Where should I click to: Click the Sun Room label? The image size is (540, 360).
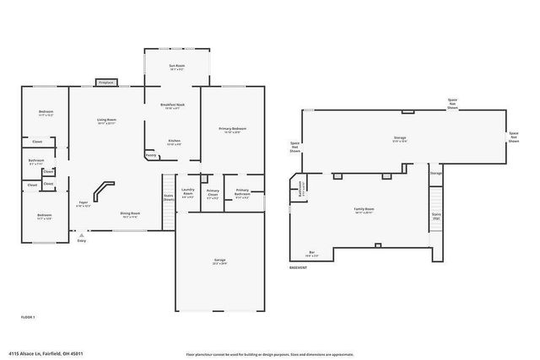pyautogui.click(x=177, y=67)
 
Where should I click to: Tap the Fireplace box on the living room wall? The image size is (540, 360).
pyautogui.click(x=106, y=83)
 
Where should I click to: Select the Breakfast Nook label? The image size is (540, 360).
pyautogui.click(x=172, y=106)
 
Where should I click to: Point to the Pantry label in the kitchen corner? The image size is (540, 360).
pyautogui.click(x=150, y=155)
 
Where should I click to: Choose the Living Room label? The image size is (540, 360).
pyautogui.click(x=105, y=122)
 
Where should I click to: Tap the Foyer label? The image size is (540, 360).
pyautogui.click(x=84, y=204)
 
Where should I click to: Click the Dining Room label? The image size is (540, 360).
pyautogui.click(x=129, y=214)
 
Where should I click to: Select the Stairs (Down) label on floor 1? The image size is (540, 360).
pyautogui.click(x=169, y=198)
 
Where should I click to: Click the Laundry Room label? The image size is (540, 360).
pyautogui.click(x=188, y=193)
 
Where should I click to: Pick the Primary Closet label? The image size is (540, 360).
pyautogui.click(x=213, y=193)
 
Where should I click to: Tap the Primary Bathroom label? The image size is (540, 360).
pyautogui.click(x=241, y=193)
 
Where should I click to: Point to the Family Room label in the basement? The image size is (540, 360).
pyautogui.click(x=364, y=210)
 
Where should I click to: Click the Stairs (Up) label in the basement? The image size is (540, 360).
pyautogui.click(x=436, y=217)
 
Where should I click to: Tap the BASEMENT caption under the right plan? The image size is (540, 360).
pyautogui.click(x=298, y=268)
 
